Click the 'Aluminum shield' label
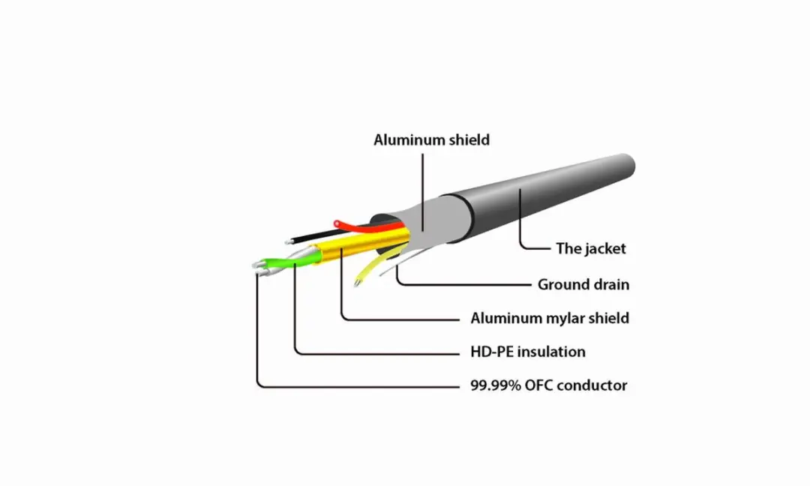[431, 140]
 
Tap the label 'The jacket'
[590, 248]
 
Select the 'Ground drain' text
[583, 284]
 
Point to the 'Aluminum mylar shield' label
[550, 318]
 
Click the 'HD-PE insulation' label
[528, 352]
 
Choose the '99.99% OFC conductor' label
[548, 385]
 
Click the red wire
[367, 225]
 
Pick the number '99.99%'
[496, 385]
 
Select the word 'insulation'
[552, 352]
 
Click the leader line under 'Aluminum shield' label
[422, 192]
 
